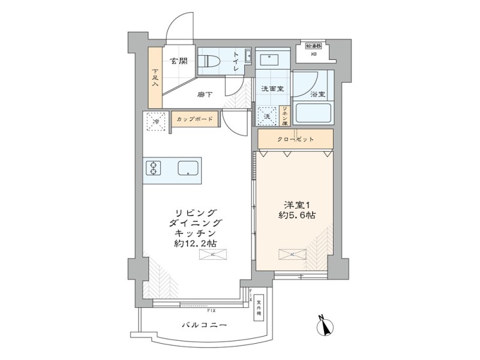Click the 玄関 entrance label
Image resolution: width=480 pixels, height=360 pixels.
click(x=177, y=61)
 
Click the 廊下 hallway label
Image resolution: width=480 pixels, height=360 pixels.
click(x=205, y=94)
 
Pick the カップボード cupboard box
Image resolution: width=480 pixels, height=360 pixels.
click(x=195, y=119)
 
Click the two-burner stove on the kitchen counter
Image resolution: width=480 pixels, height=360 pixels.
click(x=153, y=168)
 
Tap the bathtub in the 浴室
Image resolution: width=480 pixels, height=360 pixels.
click(x=314, y=112)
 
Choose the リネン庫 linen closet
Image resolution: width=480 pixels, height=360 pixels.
click(x=286, y=114)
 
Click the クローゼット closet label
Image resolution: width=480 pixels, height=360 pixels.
click(x=295, y=139)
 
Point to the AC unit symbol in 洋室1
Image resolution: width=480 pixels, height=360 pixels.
click(x=291, y=254)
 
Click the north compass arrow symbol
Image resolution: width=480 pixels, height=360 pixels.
click(x=327, y=327)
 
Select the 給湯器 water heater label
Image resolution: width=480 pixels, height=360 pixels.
click(x=313, y=46)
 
